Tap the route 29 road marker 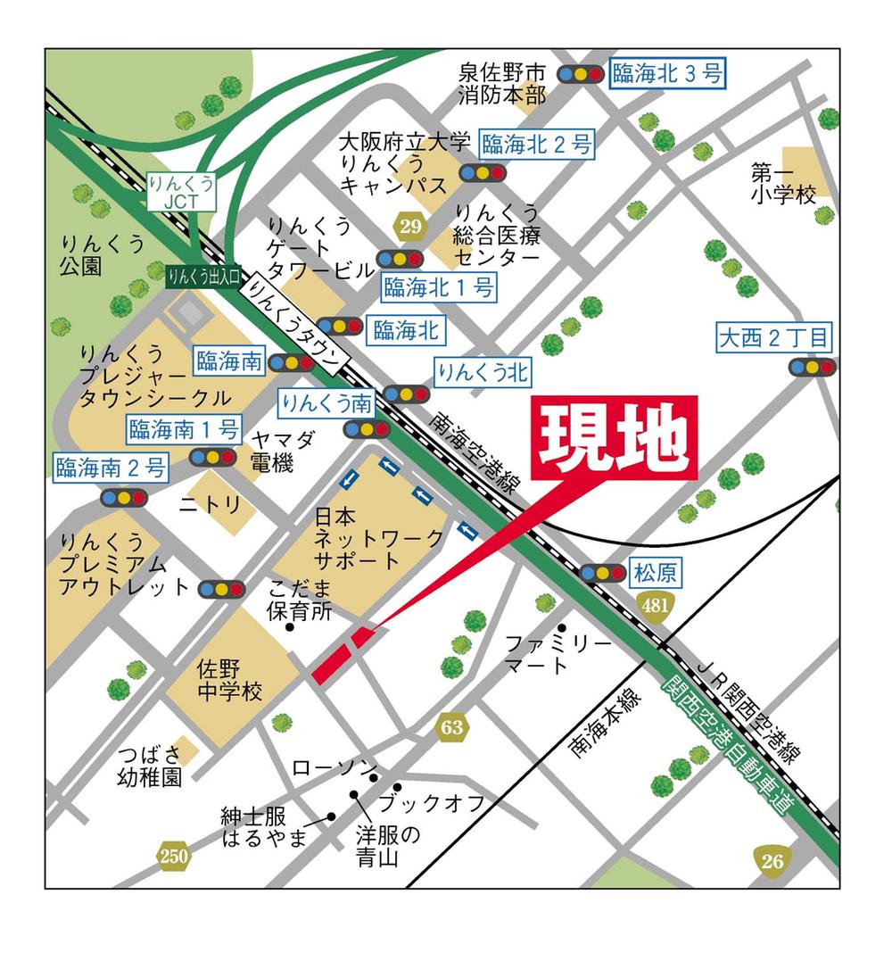pos(410,227)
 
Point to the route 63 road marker pos(452,727)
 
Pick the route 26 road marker pos(772,861)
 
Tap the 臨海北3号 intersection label pos(667,74)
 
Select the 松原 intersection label pos(656,572)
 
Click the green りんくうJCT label pos(182,192)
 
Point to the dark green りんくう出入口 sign pos(202,276)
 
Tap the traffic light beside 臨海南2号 pos(122,497)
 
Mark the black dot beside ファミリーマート pos(562,628)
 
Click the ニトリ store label pos(211,505)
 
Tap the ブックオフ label pos(431,803)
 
